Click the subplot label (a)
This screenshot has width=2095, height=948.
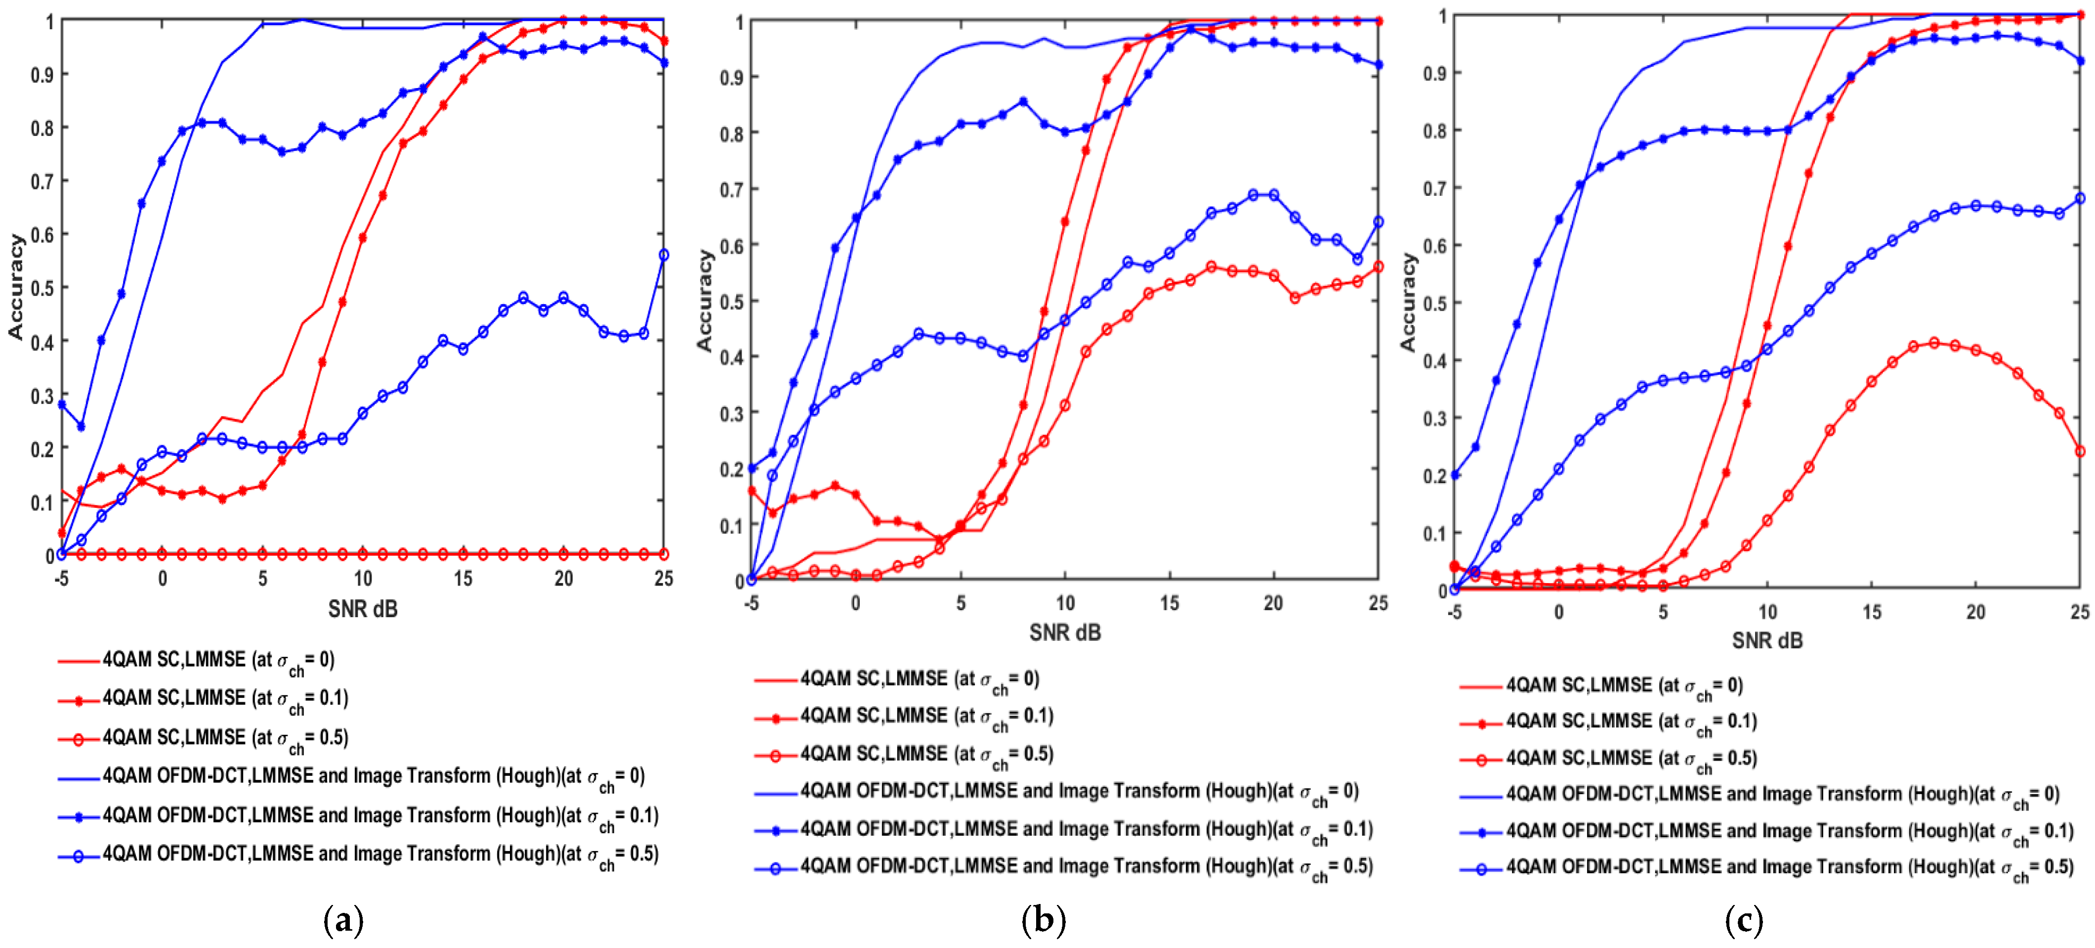pos(343,921)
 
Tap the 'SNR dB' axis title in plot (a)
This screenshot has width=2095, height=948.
pos(363,609)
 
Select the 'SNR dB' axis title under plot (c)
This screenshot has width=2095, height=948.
pos(1767,640)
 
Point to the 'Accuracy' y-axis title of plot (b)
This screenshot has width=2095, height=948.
pos(704,301)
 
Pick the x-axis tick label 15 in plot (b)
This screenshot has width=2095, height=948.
pos(1170,603)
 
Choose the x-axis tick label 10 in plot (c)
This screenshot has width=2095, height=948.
pos(1767,612)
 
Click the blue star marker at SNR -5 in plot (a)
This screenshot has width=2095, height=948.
pos(62,404)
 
